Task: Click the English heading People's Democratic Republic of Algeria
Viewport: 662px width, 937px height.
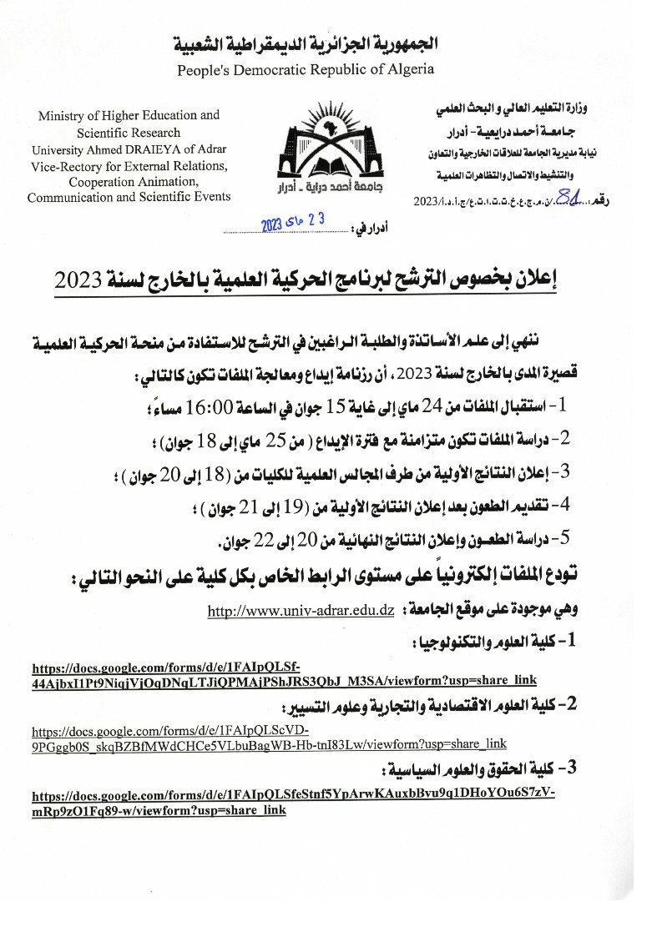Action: click(x=306, y=69)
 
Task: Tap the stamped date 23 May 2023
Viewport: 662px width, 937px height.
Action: click(x=292, y=223)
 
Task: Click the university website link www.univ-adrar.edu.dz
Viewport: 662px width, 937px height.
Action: click(x=301, y=611)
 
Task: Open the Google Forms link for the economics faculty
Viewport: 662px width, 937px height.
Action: click(x=269, y=737)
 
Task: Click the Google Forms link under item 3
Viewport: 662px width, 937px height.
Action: click(x=292, y=801)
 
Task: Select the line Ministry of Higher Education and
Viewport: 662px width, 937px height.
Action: click(x=129, y=116)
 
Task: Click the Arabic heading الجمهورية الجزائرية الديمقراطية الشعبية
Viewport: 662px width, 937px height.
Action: click(x=306, y=44)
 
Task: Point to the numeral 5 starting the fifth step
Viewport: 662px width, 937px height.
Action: click(x=564, y=537)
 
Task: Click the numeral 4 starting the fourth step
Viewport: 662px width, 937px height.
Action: click(x=564, y=504)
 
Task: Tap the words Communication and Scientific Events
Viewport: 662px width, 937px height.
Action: click(x=129, y=197)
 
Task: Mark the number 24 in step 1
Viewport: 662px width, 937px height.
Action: click(x=433, y=406)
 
